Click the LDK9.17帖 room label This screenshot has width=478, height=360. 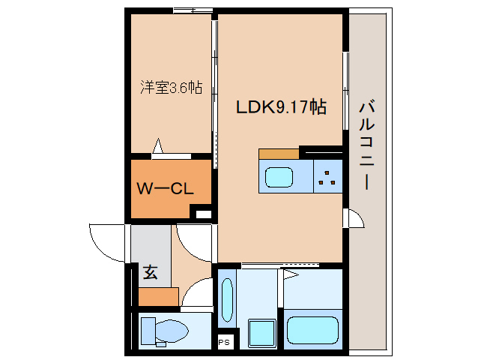pyautogui.click(x=281, y=107)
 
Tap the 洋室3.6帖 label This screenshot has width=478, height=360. pyautogui.click(x=171, y=87)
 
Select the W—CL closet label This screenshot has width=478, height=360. pyautogui.click(x=165, y=189)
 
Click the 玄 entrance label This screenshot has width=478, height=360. pyautogui.click(x=151, y=273)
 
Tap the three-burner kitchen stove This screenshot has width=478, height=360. pyautogui.click(x=327, y=177)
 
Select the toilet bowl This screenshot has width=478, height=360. pyautogui.click(x=165, y=331)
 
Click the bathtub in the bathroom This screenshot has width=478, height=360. pyautogui.click(x=313, y=330)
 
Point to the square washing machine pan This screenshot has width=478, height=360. pyautogui.click(x=261, y=331)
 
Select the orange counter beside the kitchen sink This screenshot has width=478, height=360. pyautogui.click(x=279, y=154)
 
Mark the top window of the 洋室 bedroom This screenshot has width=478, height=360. pyautogui.click(x=190, y=10)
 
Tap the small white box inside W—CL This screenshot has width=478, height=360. pyautogui.click(x=202, y=214)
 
